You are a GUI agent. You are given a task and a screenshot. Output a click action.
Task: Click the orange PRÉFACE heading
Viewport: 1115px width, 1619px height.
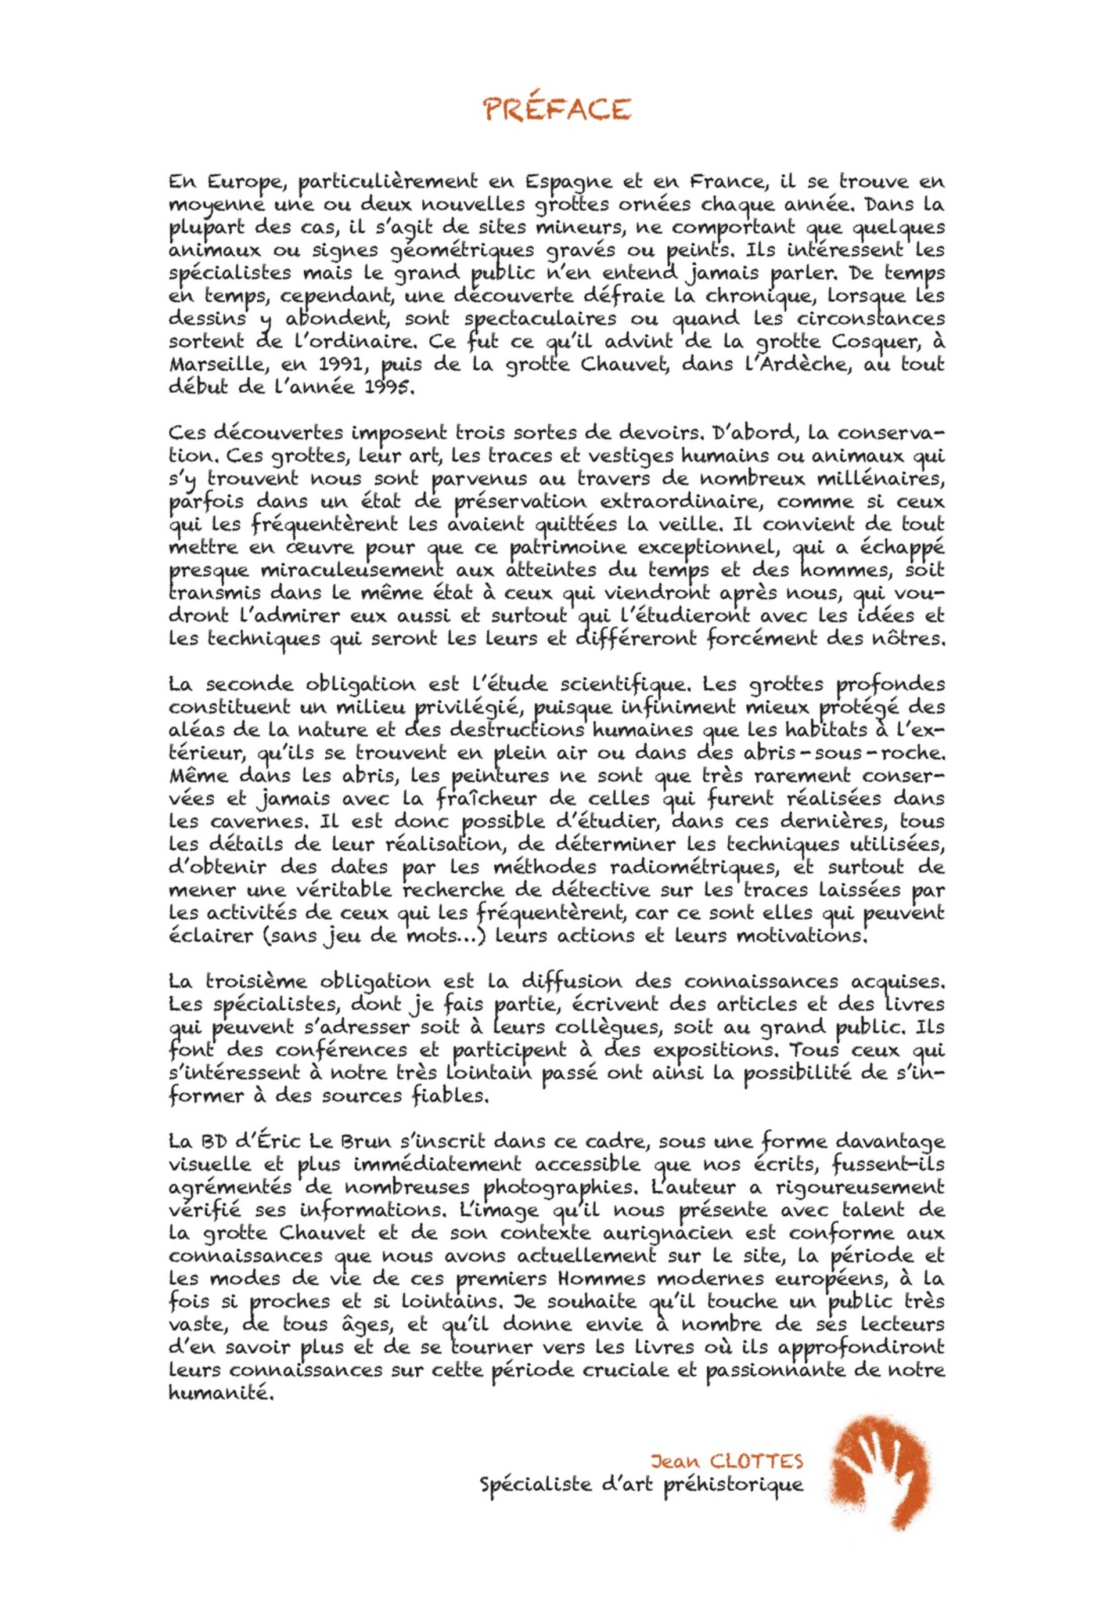[557, 109]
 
